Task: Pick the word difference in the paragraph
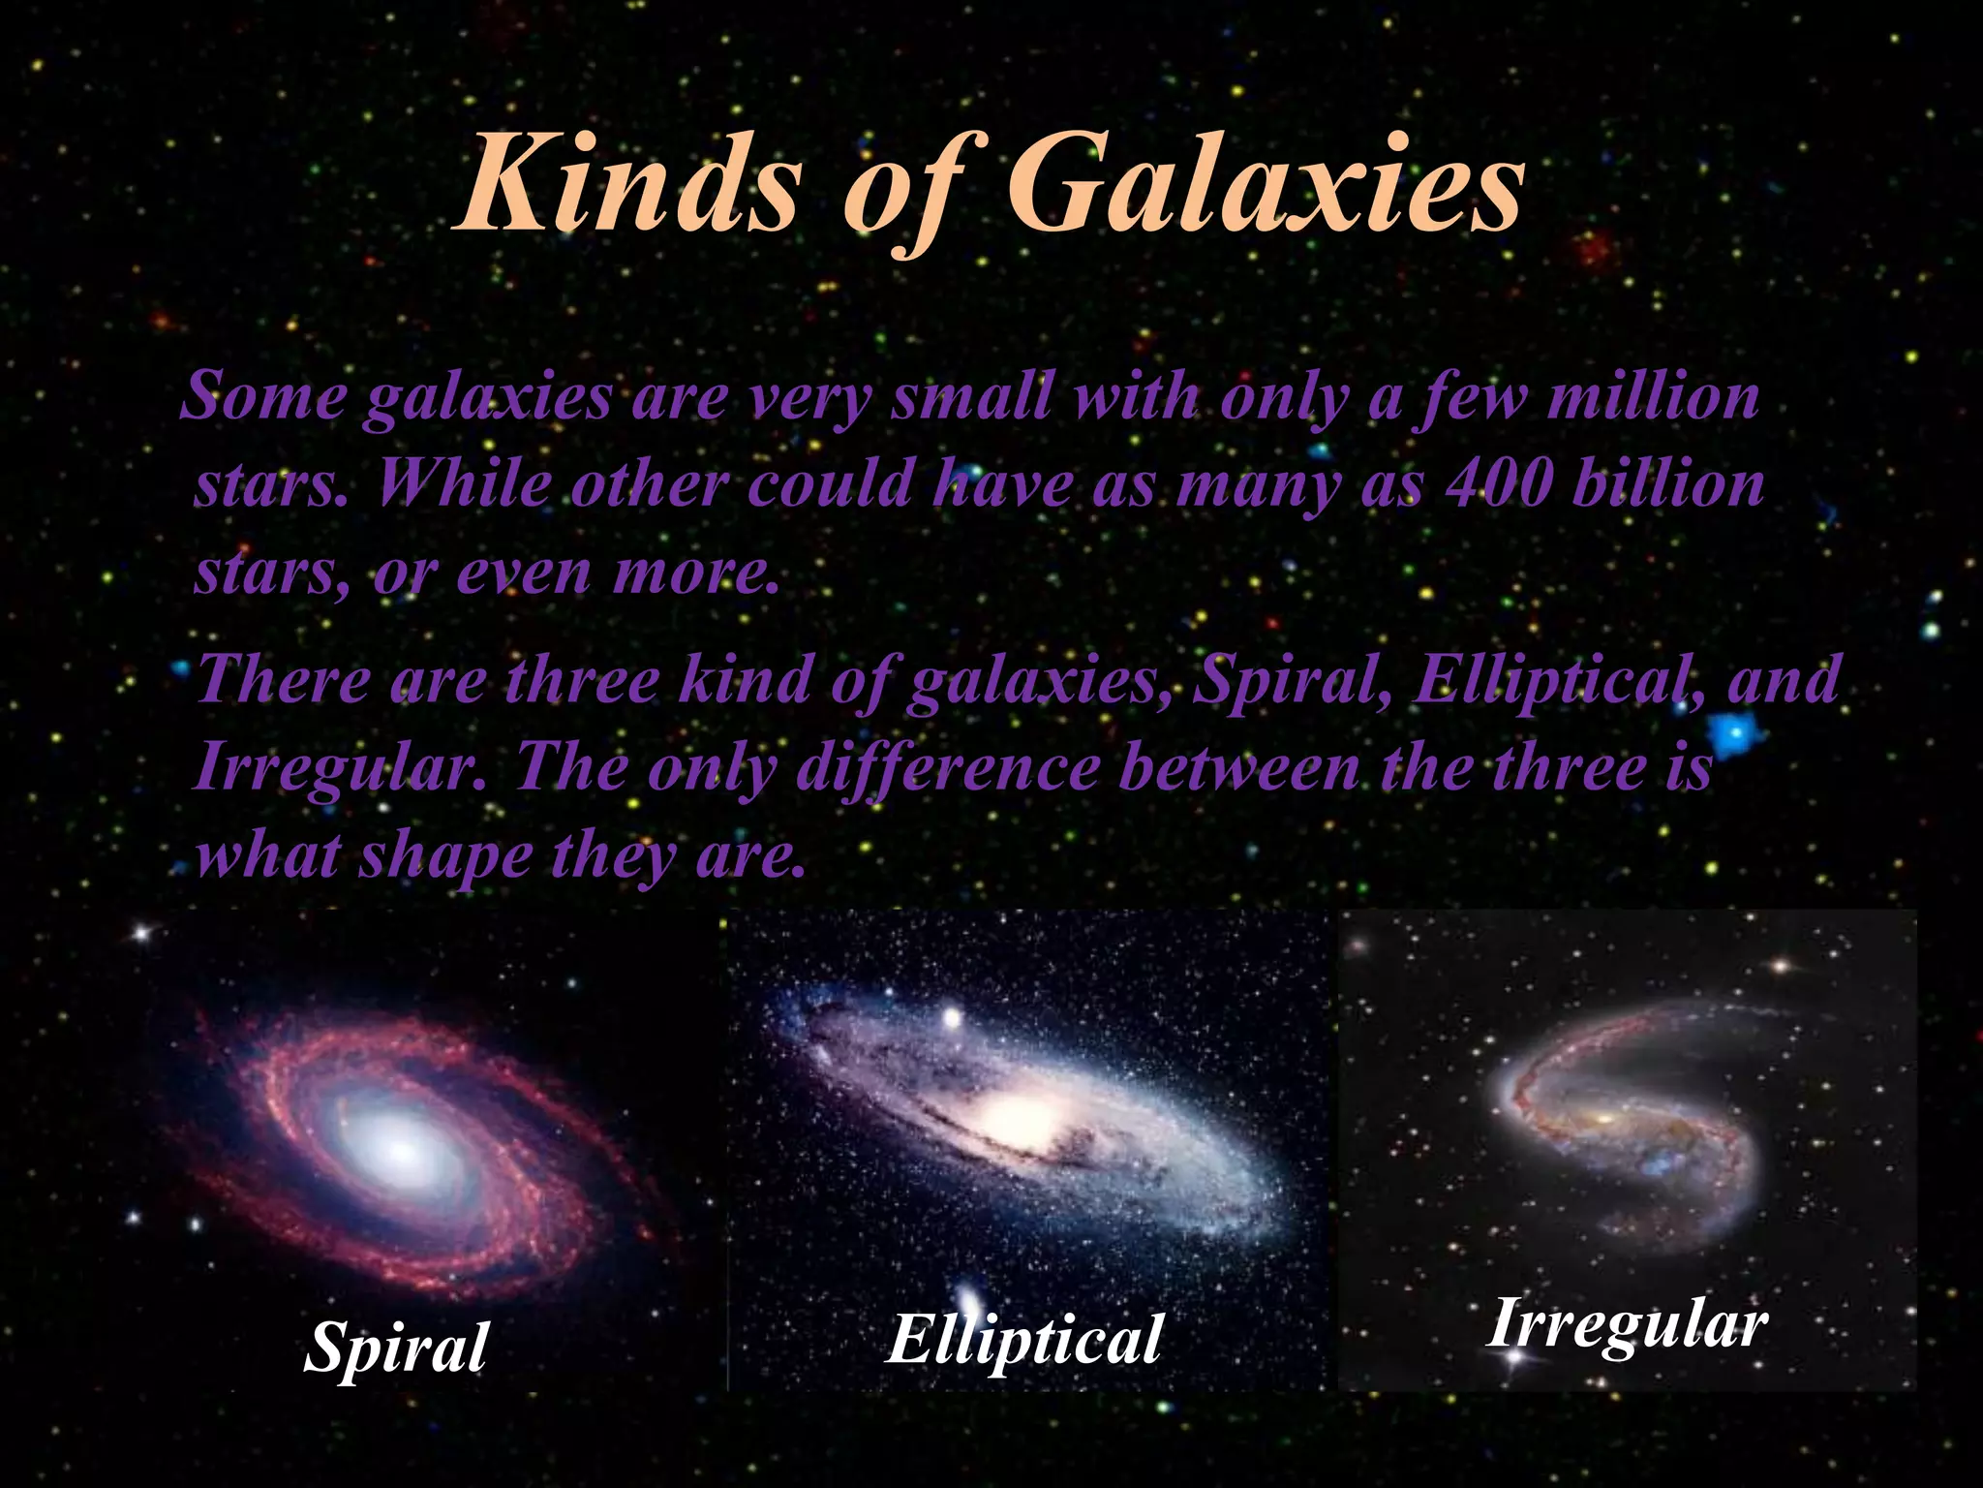[x=947, y=769]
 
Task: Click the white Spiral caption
[x=395, y=1346]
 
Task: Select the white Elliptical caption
[x=1023, y=1339]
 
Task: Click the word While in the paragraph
[x=462, y=484]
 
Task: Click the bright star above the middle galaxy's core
[x=951, y=1018]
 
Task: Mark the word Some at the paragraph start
[x=263, y=397]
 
